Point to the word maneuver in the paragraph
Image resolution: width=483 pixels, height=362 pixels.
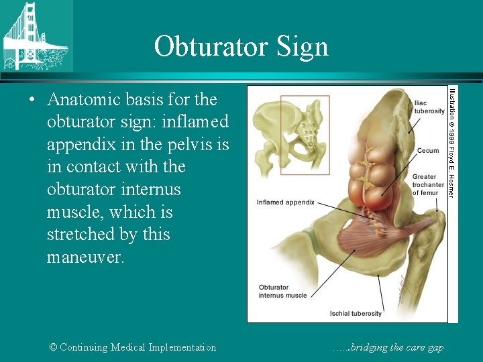click(85, 257)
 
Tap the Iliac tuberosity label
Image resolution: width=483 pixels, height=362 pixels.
click(429, 107)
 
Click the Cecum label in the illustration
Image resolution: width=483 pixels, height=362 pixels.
click(427, 151)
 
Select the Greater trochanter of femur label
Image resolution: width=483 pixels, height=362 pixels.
click(428, 184)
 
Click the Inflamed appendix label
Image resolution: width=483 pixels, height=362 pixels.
click(285, 202)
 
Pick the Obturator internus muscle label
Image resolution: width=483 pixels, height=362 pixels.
click(282, 291)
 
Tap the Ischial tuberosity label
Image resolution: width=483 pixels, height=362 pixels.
click(356, 313)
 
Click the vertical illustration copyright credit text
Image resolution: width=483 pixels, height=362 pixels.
click(452, 142)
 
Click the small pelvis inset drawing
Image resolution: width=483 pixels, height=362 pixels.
click(296, 134)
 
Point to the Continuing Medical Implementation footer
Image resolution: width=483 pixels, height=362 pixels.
click(133, 347)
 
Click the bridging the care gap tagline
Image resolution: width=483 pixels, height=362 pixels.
click(388, 347)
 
